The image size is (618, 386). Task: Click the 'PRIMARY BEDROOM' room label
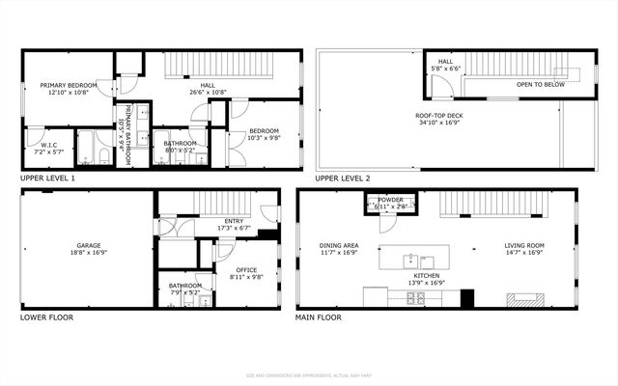tap(65, 86)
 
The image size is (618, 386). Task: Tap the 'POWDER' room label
tap(390, 201)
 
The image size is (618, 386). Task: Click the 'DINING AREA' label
tap(339, 245)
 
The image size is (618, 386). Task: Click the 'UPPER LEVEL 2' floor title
tap(343, 179)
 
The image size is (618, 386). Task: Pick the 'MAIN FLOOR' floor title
tap(325, 317)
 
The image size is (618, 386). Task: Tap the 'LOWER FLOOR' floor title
tap(46, 317)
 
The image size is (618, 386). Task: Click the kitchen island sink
tap(411, 259)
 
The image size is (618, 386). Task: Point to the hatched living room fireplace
tap(525, 299)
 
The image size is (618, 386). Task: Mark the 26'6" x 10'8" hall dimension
tap(208, 93)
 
